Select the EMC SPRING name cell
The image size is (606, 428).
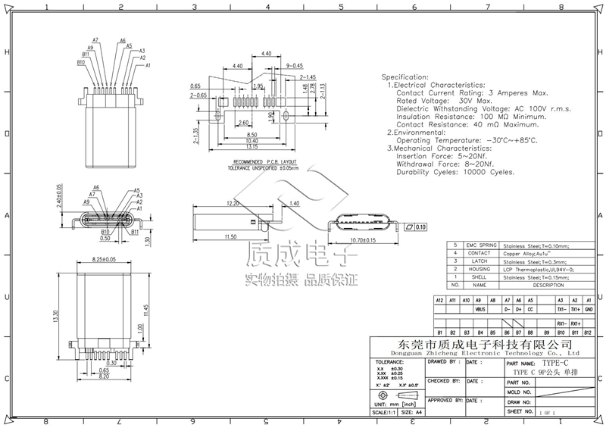pyautogui.click(x=479, y=245)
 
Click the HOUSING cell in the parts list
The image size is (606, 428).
pyautogui.click(x=479, y=269)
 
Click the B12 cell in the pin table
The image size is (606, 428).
pyautogui.click(x=589, y=333)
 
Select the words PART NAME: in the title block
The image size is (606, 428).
pyautogui.click(x=520, y=364)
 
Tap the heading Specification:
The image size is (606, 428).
pyautogui.click(x=405, y=78)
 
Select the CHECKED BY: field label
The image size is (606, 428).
pyautogui.click(x=444, y=382)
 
